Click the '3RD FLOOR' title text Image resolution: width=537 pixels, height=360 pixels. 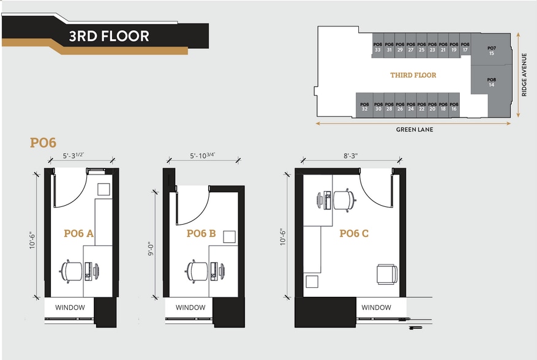point(108,36)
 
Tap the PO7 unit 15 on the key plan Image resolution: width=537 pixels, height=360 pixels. point(491,51)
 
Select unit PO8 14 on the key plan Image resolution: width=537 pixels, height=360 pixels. point(491,82)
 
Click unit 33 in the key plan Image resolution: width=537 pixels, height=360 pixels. point(378,48)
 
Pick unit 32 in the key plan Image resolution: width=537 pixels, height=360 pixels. point(364,107)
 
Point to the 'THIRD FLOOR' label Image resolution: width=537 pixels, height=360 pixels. point(413,75)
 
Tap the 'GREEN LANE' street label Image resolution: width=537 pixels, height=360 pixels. point(414,130)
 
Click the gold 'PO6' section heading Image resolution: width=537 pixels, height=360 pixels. point(43,143)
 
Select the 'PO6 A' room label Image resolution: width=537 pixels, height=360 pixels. point(78,233)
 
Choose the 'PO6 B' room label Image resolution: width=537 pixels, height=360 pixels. point(201,233)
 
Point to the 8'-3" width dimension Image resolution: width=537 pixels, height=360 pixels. point(351,156)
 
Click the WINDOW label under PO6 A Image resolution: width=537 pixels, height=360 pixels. point(70,307)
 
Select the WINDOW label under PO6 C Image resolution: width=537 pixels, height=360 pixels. point(376,307)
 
